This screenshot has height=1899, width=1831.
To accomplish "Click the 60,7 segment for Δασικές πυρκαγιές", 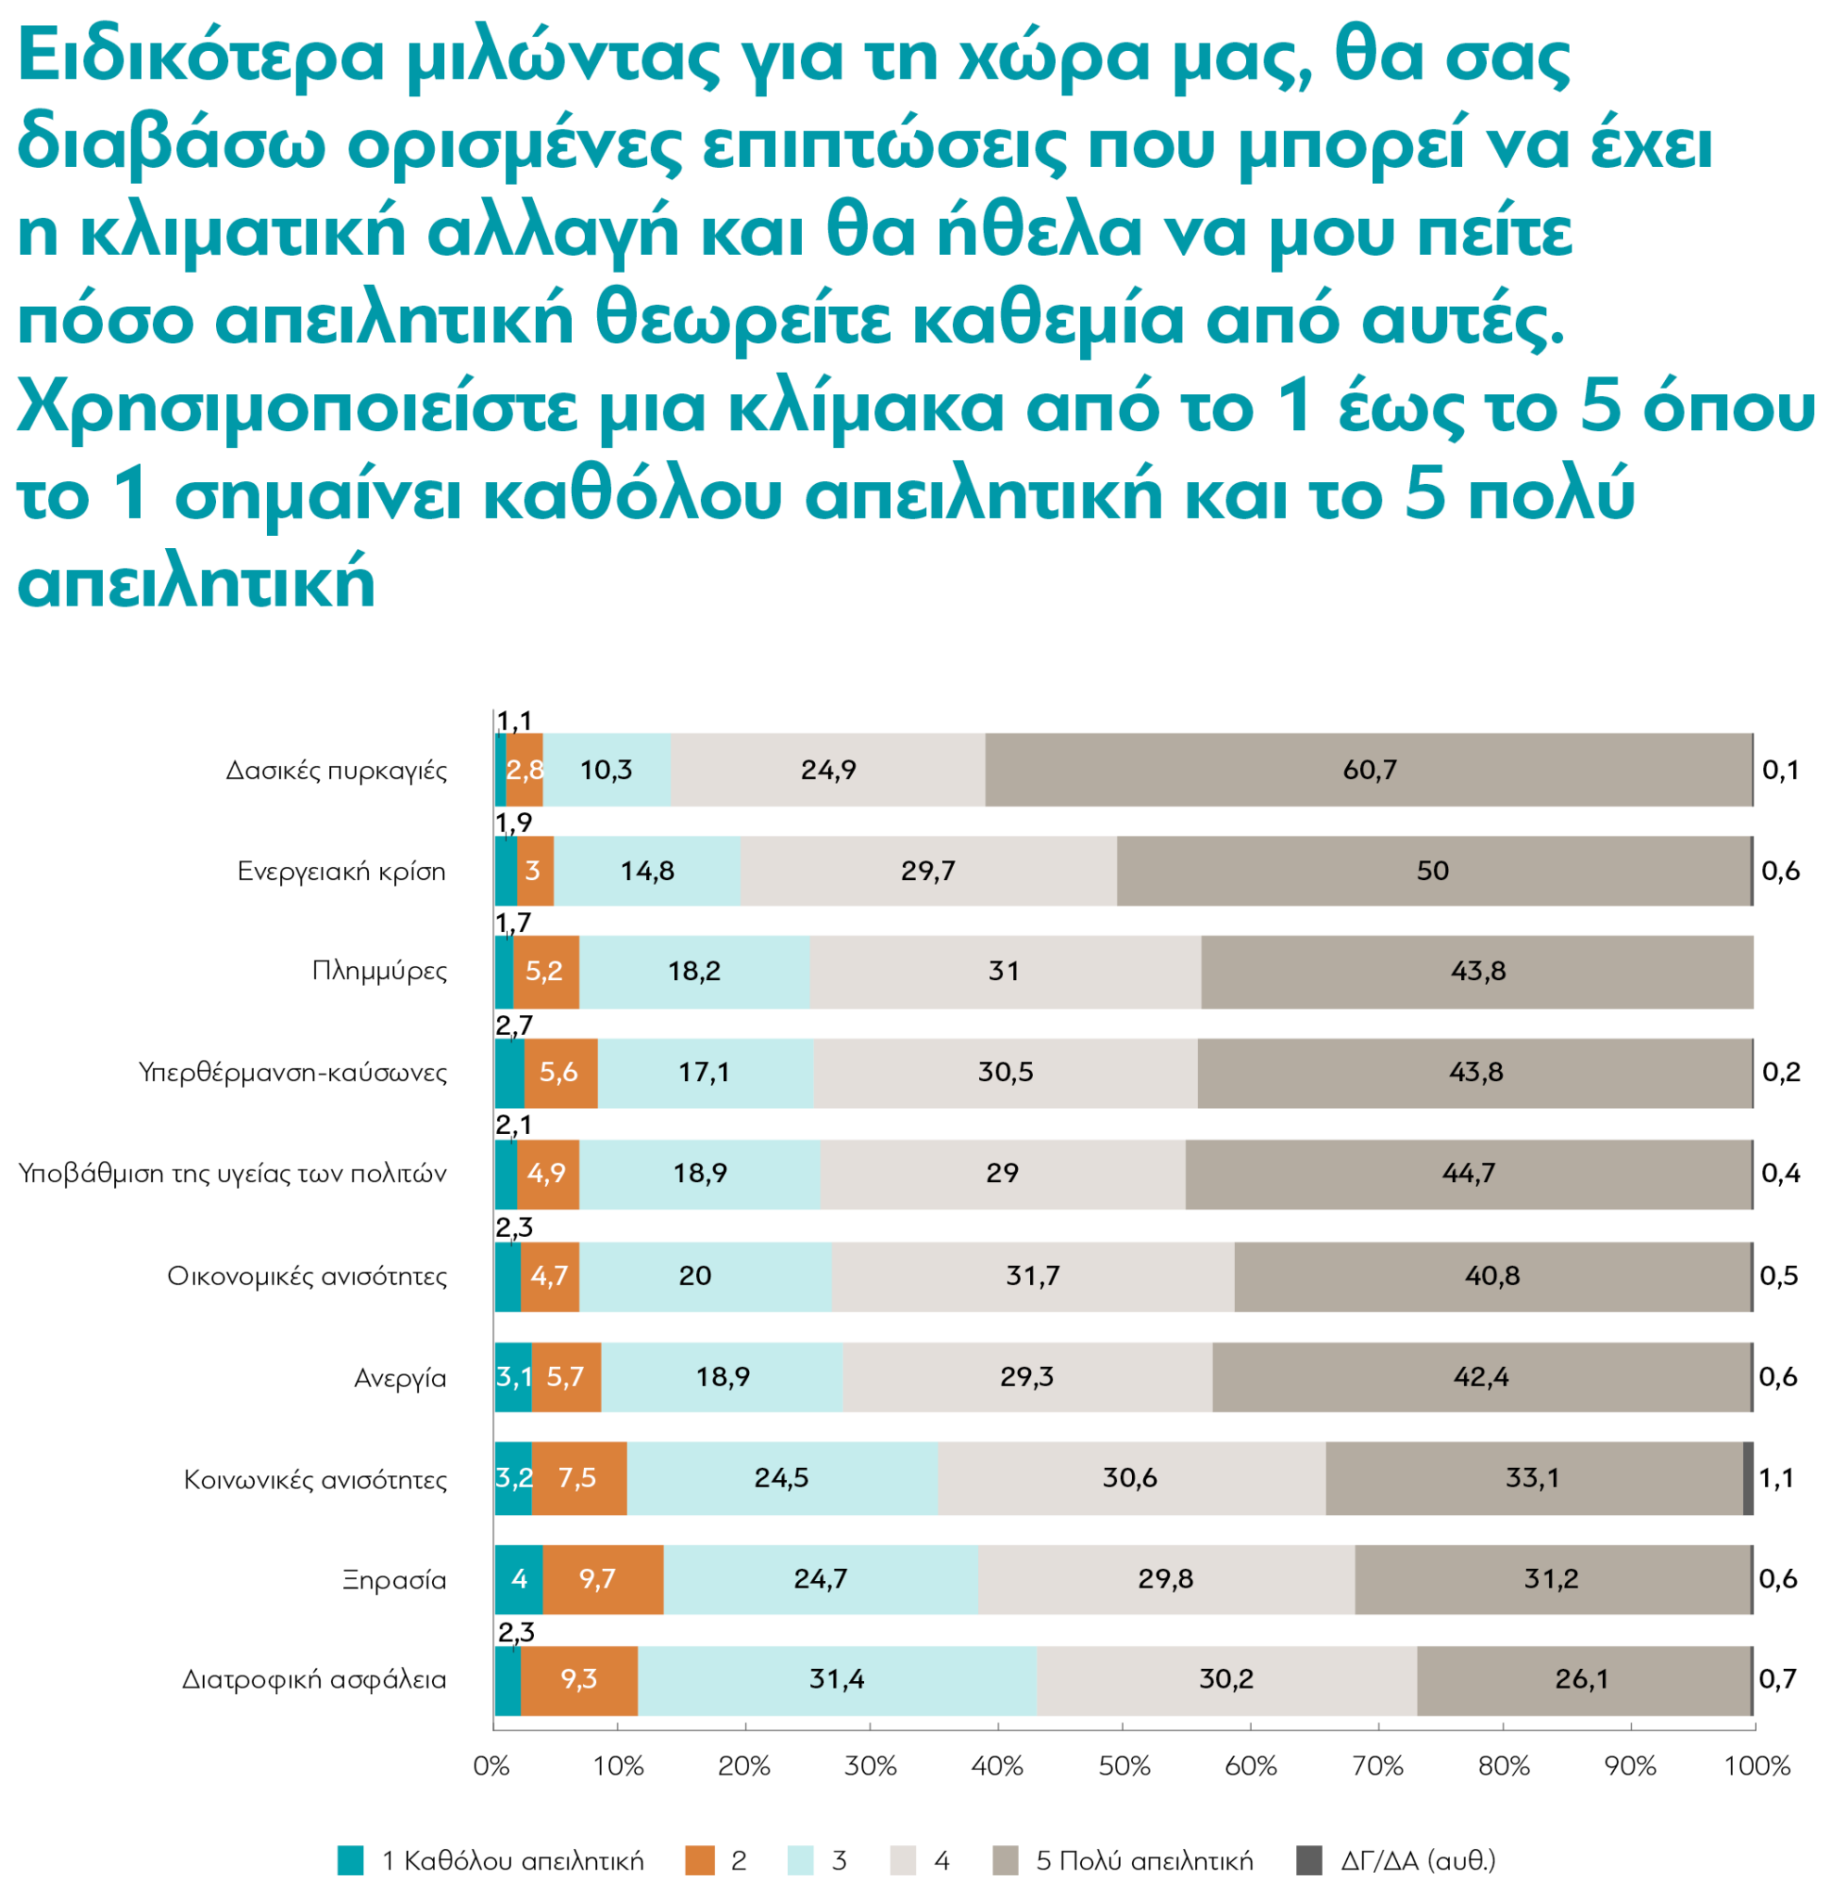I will (1368, 770).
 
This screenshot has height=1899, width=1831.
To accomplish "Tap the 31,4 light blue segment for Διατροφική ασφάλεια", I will (837, 1678).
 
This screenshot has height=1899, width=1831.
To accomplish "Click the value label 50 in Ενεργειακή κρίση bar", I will (1431, 870).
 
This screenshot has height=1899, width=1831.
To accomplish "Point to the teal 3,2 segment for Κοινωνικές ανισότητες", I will (514, 1477).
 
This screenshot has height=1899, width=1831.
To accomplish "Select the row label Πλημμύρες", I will (379, 971).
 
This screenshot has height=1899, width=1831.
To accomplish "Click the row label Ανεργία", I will (400, 1378).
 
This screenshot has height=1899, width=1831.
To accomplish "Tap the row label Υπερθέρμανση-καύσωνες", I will (293, 1073).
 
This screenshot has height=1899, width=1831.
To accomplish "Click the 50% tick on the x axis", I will (1124, 1766).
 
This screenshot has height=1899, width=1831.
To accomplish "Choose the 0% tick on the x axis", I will (492, 1766).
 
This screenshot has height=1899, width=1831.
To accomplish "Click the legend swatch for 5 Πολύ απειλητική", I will (1006, 1860).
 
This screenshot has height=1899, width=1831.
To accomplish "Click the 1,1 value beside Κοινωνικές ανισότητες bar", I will (1775, 1477).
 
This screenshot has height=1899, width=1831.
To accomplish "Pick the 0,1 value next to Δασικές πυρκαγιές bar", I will (1780, 770).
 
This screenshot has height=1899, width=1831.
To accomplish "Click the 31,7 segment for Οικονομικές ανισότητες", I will (1032, 1275).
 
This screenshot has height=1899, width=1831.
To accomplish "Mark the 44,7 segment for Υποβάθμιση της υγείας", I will (1468, 1173).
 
